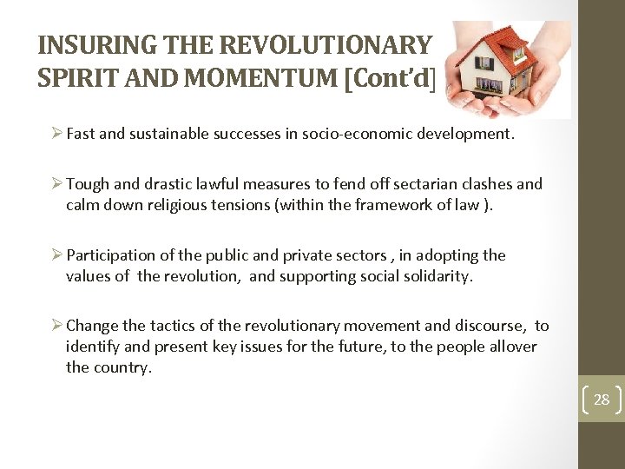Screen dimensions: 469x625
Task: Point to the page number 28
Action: pos(602,400)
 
